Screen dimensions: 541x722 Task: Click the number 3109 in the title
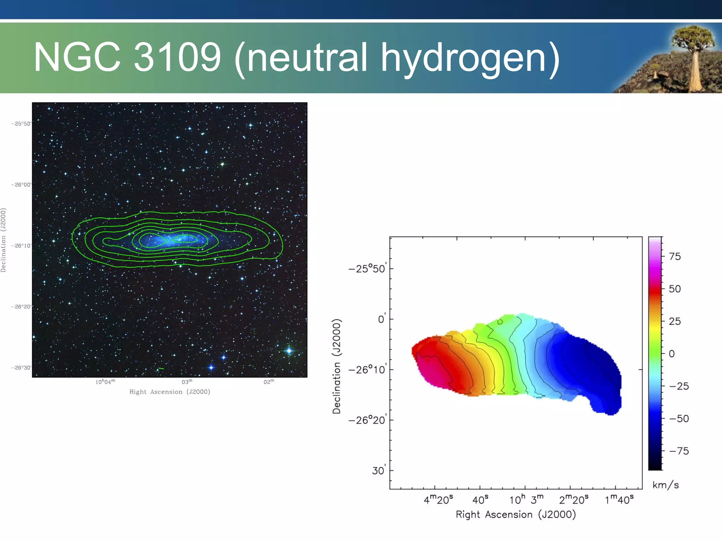(x=177, y=57)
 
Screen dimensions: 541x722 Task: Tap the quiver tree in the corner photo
(x=693, y=53)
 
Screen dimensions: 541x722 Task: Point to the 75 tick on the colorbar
(x=674, y=256)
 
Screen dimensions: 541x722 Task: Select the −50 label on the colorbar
(x=679, y=418)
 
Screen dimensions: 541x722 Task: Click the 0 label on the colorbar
(x=672, y=354)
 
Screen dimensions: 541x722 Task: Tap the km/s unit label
(x=665, y=485)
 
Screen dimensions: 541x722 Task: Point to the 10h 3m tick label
(x=526, y=499)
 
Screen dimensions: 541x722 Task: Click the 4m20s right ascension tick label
(x=438, y=499)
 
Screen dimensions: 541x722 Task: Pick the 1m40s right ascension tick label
(x=619, y=499)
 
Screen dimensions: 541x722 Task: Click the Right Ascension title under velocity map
(x=515, y=515)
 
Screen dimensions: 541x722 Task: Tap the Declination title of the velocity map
(x=337, y=366)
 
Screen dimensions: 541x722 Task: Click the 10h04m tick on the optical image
(x=105, y=382)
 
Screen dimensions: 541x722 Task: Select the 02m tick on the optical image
(x=269, y=382)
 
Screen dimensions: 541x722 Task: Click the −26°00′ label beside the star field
(x=21, y=185)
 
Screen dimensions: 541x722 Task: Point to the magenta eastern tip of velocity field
(x=428, y=370)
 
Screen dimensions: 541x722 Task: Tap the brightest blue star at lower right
(x=289, y=350)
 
